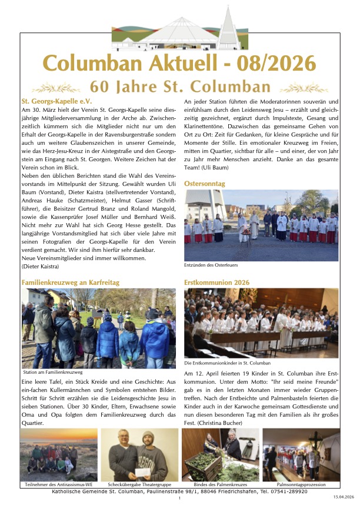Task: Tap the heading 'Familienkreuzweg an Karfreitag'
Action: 70,283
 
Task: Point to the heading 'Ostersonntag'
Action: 204,184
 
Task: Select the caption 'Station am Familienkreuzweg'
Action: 53,373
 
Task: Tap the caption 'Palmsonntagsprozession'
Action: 302,484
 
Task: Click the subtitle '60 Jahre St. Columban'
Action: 180,87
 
